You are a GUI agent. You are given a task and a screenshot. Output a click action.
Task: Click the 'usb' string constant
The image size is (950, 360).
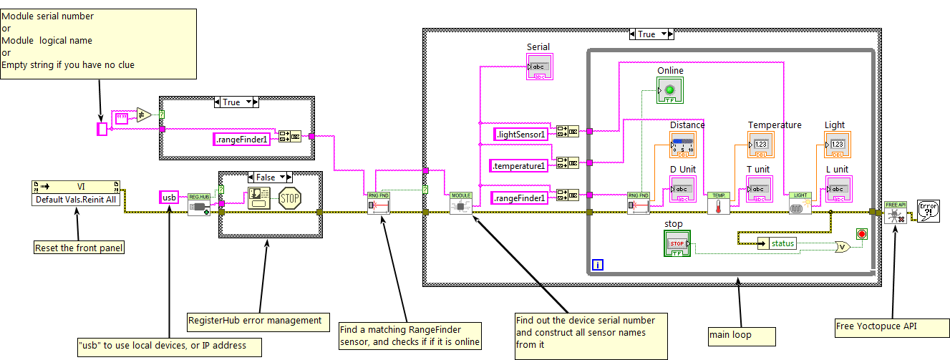point(169,197)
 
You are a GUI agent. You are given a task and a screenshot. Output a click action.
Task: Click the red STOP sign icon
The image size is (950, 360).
point(289,198)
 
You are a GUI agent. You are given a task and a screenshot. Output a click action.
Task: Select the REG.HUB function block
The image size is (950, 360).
point(198,203)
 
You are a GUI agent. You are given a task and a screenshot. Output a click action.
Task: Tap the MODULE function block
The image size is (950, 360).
point(461,203)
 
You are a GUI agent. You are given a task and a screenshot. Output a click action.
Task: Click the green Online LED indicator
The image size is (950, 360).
point(670,90)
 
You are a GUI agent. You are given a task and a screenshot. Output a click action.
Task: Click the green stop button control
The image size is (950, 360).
point(677,243)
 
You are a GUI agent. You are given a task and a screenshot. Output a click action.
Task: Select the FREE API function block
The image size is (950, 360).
point(895,212)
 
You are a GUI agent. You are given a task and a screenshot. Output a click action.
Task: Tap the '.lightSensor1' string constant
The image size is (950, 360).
point(520,134)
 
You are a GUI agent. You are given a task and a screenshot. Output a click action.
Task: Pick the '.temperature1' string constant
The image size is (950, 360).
point(518,166)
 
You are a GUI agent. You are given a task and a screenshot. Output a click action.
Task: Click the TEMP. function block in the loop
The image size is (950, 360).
point(717,203)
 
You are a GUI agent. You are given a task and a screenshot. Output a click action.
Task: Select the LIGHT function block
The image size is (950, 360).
point(800,203)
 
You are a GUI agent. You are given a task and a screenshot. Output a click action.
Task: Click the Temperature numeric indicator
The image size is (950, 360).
point(760,145)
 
